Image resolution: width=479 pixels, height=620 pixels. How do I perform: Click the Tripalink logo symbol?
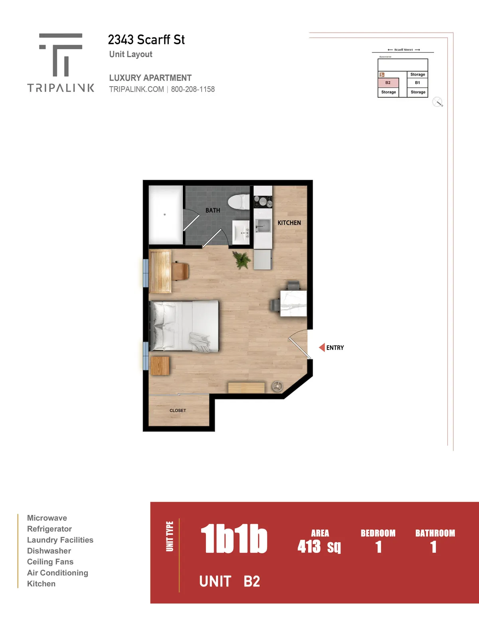(x=60, y=55)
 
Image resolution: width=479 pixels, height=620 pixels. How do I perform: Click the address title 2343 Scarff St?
(x=146, y=40)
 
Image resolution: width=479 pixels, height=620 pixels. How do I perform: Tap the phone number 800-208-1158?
(x=193, y=89)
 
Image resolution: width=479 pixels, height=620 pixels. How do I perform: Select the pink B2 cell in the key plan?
(x=388, y=83)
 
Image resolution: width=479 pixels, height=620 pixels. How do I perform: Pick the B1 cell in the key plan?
(x=418, y=83)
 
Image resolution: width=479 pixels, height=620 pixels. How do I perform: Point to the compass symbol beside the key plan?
(x=437, y=102)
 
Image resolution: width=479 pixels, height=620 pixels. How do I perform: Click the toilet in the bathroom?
(x=239, y=202)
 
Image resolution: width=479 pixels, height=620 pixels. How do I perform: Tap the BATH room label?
(x=213, y=210)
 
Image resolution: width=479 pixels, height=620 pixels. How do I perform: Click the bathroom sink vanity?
(x=241, y=232)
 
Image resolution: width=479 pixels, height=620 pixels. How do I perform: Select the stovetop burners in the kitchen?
(x=263, y=201)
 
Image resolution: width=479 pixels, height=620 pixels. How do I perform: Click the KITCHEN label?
(x=289, y=223)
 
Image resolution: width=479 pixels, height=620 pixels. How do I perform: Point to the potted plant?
(x=241, y=260)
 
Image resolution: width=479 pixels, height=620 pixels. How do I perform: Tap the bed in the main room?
(x=184, y=326)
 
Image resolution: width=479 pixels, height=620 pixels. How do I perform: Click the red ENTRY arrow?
(x=322, y=348)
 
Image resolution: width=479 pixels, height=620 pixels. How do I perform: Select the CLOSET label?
(x=178, y=410)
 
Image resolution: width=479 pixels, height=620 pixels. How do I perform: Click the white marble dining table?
(x=293, y=303)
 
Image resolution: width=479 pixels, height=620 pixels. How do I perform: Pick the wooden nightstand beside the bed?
(x=160, y=366)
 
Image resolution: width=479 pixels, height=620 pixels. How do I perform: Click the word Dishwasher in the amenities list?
(x=49, y=550)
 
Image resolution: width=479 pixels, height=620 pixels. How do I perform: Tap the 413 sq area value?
(x=319, y=546)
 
